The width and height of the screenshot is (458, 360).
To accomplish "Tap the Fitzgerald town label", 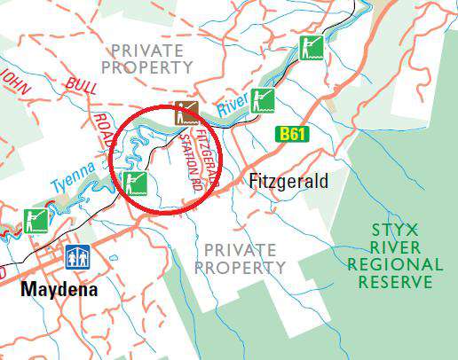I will tap(288, 182).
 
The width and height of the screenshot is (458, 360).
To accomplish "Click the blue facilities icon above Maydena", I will tap(76, 258).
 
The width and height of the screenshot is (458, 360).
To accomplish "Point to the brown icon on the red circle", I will tap(186, 113).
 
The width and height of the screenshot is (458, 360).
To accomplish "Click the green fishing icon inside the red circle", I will tap(136, 184).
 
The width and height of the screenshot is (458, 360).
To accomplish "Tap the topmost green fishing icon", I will tap(309, 47).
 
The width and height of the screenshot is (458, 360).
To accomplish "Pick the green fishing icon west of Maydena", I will tap(36, 220).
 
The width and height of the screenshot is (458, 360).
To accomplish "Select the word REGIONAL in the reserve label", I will tap(395, 264).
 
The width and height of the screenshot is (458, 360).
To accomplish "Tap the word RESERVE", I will tap(396, 283).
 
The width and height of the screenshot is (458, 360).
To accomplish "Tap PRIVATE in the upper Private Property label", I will tap(147, 50).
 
